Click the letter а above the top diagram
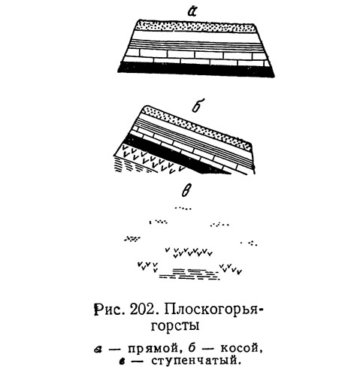pyautogui.click(x=192, y=11)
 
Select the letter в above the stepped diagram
pyautogui.click(x=186, y=192)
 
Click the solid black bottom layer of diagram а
pyautogui.click(x=196, y=70)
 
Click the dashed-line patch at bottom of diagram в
pyautogui.click(x=189, y=274)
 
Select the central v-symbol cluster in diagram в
pyautogui.click(x=189, y=252)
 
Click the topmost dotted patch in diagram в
pyautogui.click(x=183, y=207)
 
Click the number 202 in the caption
pyautogui.click(x=142, y=310)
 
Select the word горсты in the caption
pyautogui.click(x=175, y=326)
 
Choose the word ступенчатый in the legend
pyautogui.click(x=194, y=361)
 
